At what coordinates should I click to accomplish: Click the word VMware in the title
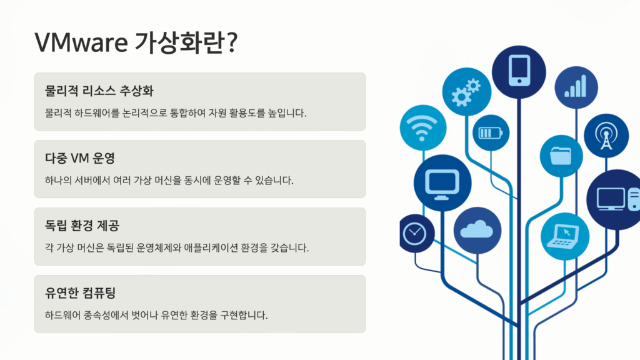tap(81, 42)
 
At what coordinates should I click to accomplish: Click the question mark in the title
tap(232, 42)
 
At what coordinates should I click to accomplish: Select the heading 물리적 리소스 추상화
tap(99, 91)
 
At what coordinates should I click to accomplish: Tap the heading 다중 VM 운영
tap(80, 158)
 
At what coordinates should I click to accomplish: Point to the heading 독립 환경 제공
tap(82, 225)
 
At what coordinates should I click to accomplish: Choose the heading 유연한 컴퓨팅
tap(81, 292)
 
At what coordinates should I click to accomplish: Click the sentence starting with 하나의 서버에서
tap(169, 181)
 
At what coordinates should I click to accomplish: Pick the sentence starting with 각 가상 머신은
tap(177, 247)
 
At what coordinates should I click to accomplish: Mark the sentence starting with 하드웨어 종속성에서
tap(156, 315)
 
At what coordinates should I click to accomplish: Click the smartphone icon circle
tap(519, 72)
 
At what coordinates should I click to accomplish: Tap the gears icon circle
tap(466, 92)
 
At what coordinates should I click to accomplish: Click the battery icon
tap(491, 133)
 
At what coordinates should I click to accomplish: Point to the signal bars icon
tap(576, 87)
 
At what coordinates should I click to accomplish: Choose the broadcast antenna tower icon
tap(606, 136)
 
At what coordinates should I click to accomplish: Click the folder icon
tap(561, 156)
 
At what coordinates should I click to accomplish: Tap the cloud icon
tap(477, 231)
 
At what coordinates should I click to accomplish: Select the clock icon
tap(415, 234)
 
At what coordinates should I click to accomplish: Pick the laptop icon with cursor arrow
tap(565, 236)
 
